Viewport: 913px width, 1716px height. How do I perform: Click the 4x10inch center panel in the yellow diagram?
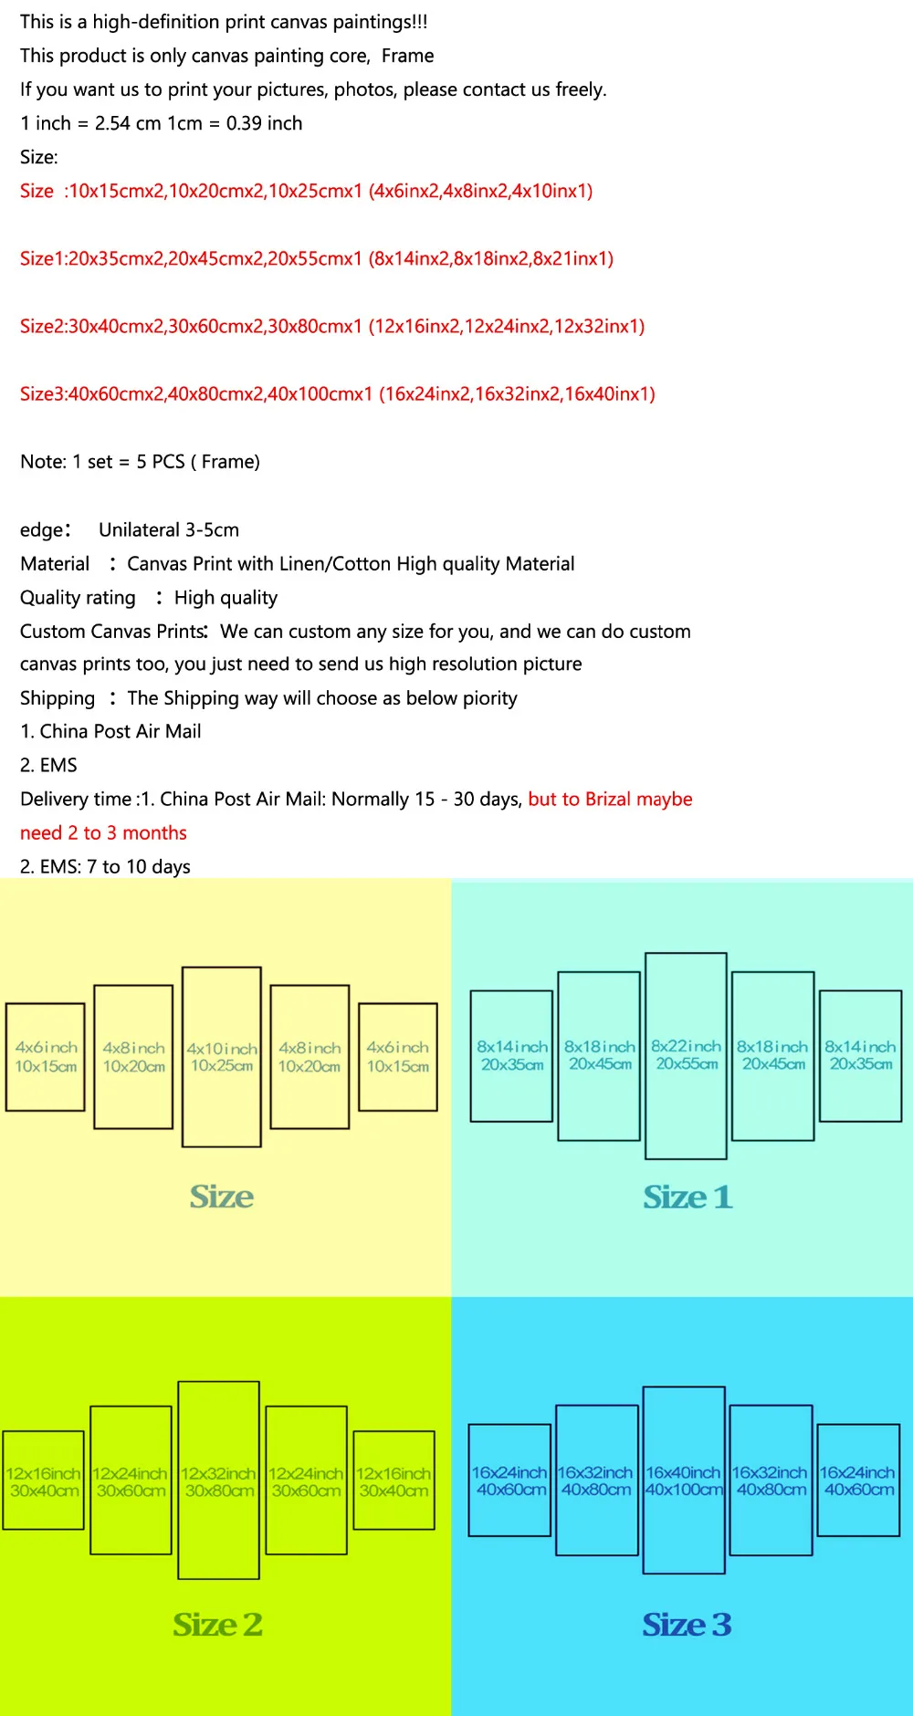tap(222, 1056)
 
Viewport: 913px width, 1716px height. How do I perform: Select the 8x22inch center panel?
tap(686, 1055)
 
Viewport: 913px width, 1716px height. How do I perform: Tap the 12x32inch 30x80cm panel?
tap(218, 1481)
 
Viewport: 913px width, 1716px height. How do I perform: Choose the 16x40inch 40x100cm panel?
tap(684, 1481)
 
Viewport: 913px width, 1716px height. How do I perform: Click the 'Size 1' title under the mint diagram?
tap(687, 1197)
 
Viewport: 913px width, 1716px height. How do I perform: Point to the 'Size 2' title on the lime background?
tap(218, 1624)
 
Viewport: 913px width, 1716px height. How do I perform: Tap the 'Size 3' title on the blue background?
tap(687, 1624)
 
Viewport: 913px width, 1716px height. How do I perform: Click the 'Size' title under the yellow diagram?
tap(222, 1197)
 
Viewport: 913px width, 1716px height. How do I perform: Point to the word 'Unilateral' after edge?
tap(139, 529)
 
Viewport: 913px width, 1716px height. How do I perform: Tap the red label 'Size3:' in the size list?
tap(44, 393)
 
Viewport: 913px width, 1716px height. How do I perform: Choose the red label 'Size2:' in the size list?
tap(44, 326)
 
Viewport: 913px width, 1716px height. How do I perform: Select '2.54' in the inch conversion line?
tap(112, 123)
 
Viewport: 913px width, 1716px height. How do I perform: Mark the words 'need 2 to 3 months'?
tap(103, 832)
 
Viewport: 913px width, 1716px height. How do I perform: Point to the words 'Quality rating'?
tap(78, 598)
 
